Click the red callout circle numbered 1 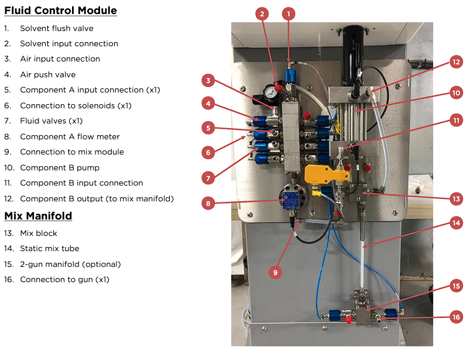coord(288,13)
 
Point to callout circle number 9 coord(275,272)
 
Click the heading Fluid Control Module coord(60,11)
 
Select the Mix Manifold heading coord(38,216)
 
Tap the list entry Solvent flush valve coord(56,28)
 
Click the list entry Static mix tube coord(49,248)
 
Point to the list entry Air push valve coord(47,74)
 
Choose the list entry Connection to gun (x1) coord(64,279)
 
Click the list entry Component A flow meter coord(70,136)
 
